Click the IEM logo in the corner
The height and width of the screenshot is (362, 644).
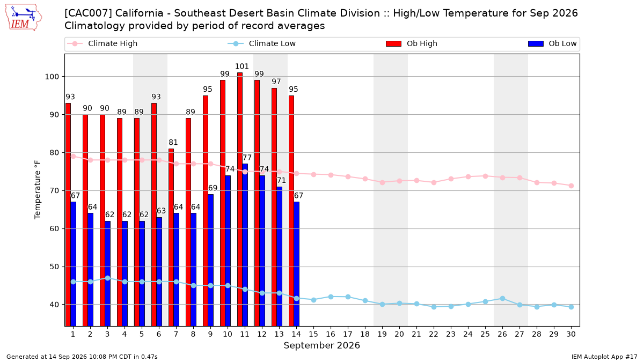click(x=24, y=18)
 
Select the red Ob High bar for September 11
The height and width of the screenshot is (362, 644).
click(x=240, y=200)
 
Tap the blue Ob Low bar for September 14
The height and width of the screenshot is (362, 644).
click(x=296, y=264)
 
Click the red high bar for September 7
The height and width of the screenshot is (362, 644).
click(x=171, y=237)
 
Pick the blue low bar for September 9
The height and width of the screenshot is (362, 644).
click(x=211, y=260)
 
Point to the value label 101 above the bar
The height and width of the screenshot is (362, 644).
click(x=242, y=67)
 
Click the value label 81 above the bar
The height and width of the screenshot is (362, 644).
click(x=173, y=142)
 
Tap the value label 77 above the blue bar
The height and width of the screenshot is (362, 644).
click(x=247, y=158)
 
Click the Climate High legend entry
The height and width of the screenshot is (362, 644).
click(x=102, y=43)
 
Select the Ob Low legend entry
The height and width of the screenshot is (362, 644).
click(x=552, y=43)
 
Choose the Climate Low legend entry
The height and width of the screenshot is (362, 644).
click(x=261, y=43)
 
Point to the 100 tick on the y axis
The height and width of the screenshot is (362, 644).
click(x=52, y=77)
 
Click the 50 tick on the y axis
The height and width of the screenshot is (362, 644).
click(x=54, y=267)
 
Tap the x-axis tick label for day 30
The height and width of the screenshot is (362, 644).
click(x=571, y=334)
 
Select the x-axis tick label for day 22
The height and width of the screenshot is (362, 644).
click(x=434, y=334)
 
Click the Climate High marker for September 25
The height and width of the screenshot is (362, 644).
click(x=485, y=176)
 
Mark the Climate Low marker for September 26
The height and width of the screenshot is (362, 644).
click(x=502, y=299)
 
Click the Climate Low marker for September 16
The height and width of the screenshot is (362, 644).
click(x=331, y=297)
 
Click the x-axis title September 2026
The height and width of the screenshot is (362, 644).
click(x=321, y=345)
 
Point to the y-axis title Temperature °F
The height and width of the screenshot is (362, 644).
click(x=38, y=190)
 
